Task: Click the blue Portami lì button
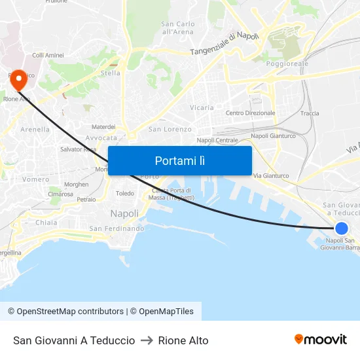click(179, 160)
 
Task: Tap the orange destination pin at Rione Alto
click(18, 81)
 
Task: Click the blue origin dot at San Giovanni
click(342, 228)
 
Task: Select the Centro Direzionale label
click(250, 113)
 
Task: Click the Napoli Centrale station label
click(217, 140)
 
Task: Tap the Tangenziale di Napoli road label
click(225, 44)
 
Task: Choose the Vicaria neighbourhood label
click(202, 107)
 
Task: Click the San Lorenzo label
click(170, 130)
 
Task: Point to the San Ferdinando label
click(117, 228)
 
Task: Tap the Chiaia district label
click(46, 223)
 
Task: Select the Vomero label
click(36, 179)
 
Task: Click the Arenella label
click(35, 130)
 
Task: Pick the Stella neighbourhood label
click(110, 73)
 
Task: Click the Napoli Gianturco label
click(273, 136)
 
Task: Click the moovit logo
click(321, 340)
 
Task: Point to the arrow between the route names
click(147, 340)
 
